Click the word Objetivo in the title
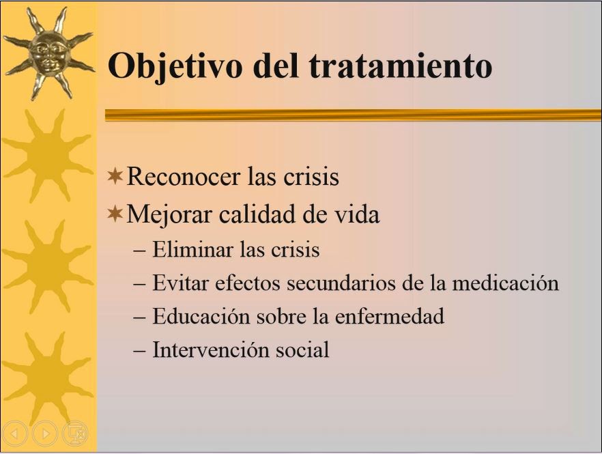[x=175, y=66]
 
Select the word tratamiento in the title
[x=401, y=66]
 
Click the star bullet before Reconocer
[x=115, y=176]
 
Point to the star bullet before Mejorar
[x=115, y=214]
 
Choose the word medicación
[x=505, y=283]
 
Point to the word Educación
[x=201, y=317]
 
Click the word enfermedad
[x=390, y=317]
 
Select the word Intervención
[x=210, y=350]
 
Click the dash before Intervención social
[x=139, y=351]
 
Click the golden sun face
[x=50, y=53]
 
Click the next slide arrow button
[x=45, y=434]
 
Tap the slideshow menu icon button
[x=75, y=434]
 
